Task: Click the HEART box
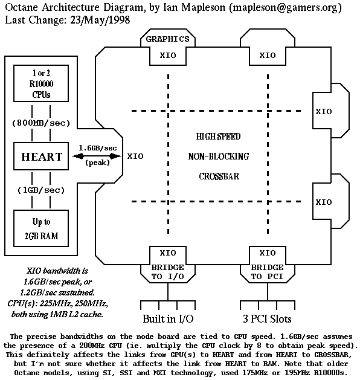(42, 157)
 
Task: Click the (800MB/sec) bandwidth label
(42, 123)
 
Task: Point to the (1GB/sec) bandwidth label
(42, 190)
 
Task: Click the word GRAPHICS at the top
(167, 39)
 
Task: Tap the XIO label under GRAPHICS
(167, 55)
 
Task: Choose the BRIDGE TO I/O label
(167, 272)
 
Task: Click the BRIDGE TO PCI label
(267, 272)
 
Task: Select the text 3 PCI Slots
(267, 318)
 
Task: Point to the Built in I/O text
(167, 318)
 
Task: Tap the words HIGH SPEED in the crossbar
(218, 137)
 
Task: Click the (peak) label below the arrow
(94, 163)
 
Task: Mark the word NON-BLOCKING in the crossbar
(218, 156)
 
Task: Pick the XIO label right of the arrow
(135, 156)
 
